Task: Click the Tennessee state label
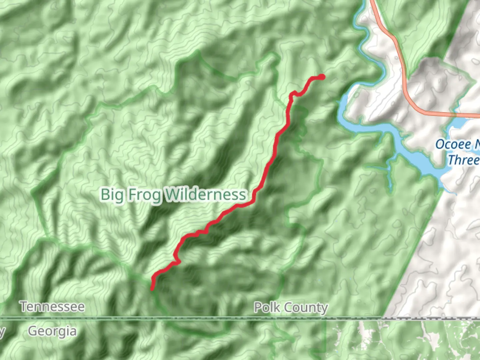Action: pyautogui.click(x=52, y=307)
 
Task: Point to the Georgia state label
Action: pyautogui.click(x=52, y=331)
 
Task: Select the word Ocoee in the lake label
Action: pyautogui.click(x=453, y=144)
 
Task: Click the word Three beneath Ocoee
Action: pyautogui.click(x=463, y=160)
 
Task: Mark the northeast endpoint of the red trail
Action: pyautogui.click(x=322, y=77)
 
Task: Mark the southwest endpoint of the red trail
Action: pyautogui.click(x=152, y=289)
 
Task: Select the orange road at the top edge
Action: pyautogui.click(x=373, y=3)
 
